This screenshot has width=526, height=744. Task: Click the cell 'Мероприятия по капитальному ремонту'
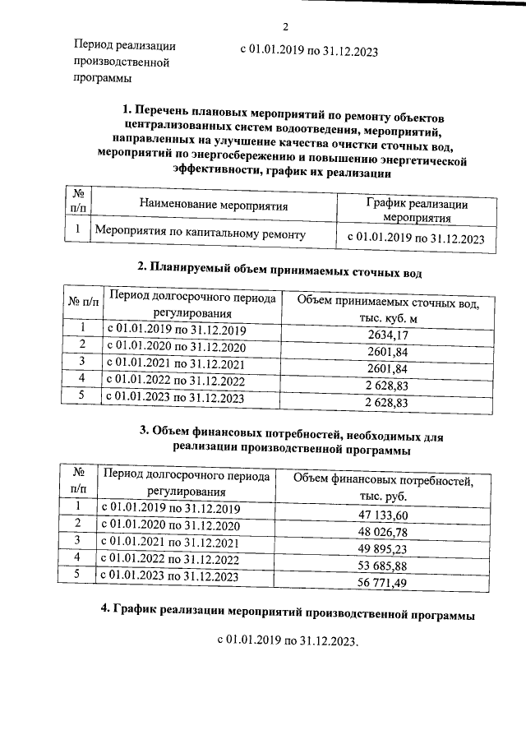pyautogui.click(x=201, y=234)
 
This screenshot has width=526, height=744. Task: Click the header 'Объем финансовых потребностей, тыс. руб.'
pyautogui.click(x=383, y=488)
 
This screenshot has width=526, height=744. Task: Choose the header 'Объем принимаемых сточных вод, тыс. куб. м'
pyautogui.click(x=387, y=311)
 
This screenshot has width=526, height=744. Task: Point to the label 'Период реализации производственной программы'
pyautogui.click(x=124, y=62)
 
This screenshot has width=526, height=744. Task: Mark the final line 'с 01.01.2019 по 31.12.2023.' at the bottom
pyautogui.click(x=288, y=641)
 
